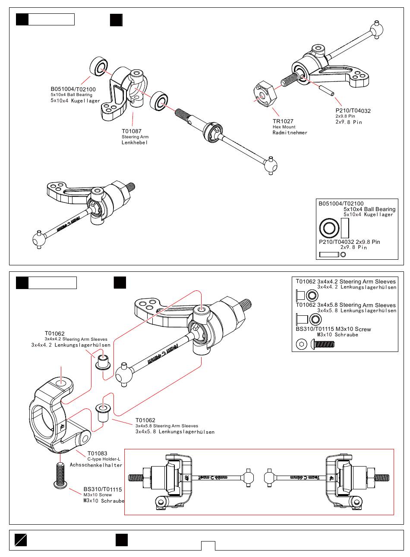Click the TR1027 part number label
point(283,121)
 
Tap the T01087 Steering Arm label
point(131,131)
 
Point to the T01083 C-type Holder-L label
point(97,454)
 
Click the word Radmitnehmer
point(290,133)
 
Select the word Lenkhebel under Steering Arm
point(134,143)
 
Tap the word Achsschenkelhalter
point(96,465)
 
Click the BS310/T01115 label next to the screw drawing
point(103,489)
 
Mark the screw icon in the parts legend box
point(325,344)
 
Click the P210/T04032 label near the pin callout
point(353,111)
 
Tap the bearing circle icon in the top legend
point(329,228)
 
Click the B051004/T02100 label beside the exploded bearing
point(73,89)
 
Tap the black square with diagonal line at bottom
point(21,540)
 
